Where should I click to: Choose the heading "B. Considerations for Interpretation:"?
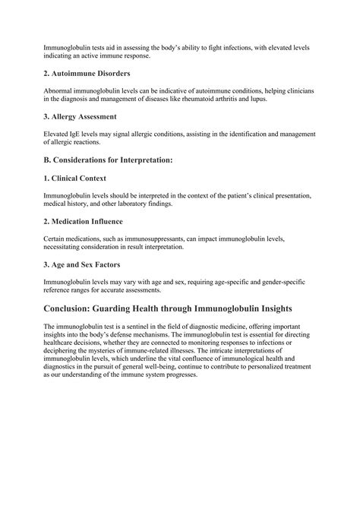(108, 160)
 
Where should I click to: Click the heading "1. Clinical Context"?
(79, 179)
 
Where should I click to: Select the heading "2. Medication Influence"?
(88, 222)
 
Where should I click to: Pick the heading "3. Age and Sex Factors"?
(86, 265)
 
